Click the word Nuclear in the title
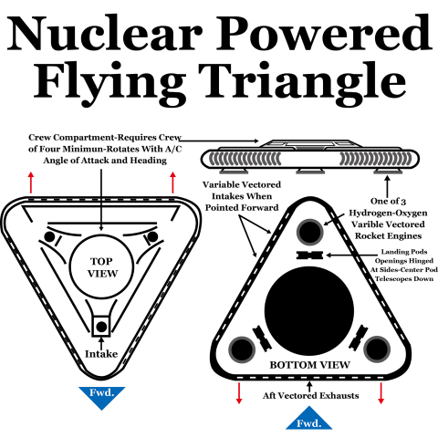104,33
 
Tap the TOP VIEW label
102,267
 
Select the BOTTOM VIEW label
309,365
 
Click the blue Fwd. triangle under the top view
102,396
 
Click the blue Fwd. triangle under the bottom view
309,419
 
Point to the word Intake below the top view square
101,354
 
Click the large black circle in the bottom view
309,311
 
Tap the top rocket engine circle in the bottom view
309,232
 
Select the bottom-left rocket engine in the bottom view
242,349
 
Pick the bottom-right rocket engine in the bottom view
377,349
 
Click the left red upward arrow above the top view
31,182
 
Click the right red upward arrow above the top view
172,182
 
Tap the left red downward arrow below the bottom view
239,393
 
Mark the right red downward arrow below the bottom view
381,393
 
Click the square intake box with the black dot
101,327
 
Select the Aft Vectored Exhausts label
310,396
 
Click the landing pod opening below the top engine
309,255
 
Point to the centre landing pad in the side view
309,172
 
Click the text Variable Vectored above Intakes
242,184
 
